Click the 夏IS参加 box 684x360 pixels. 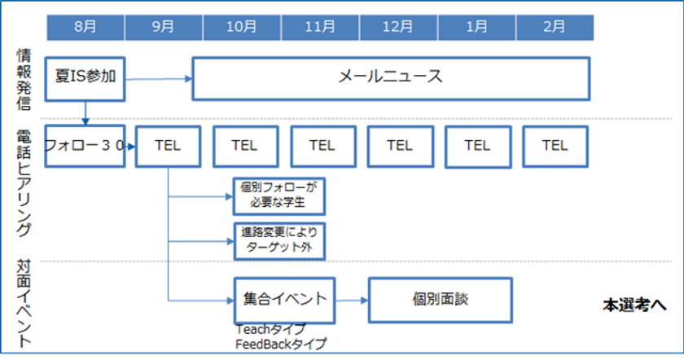pos(85,78)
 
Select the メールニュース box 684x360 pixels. pos(390,78)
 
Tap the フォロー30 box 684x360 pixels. pos(85,146)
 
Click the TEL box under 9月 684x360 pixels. pos(167,146)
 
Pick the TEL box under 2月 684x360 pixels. pos(555,146)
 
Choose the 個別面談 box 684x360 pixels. pos(441,299)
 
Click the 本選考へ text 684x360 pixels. pos(634,305)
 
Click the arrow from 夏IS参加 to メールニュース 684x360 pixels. pos(159,79)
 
